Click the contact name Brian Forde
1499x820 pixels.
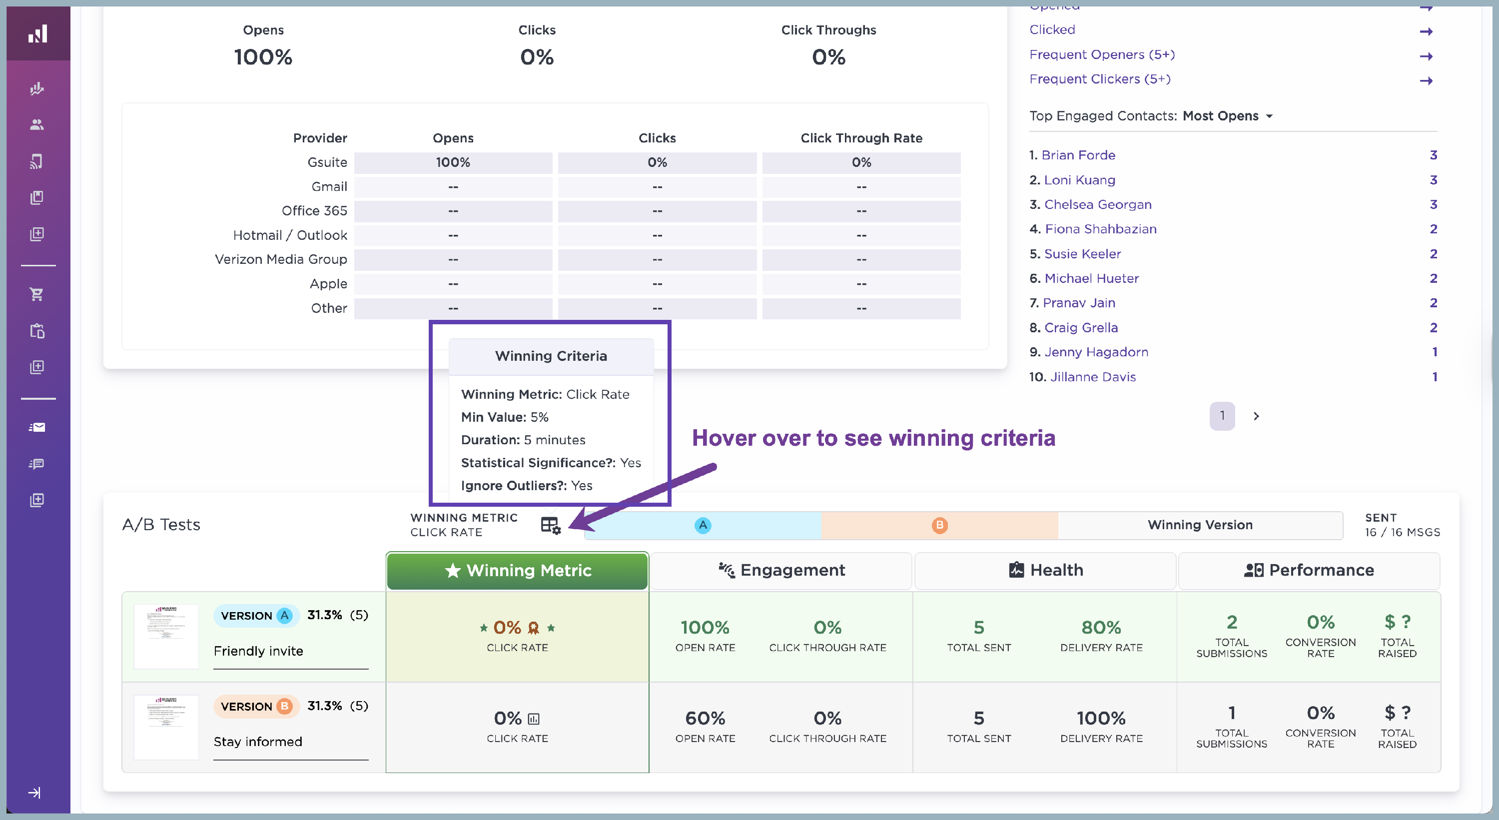coord(1078,155)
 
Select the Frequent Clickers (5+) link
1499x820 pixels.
coord(1099,79)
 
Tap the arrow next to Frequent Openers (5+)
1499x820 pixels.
coord(1426,56)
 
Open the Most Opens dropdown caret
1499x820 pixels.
coord(1269,116)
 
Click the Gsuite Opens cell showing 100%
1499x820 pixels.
coord(453,162)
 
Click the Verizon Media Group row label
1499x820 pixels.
coord(280,259)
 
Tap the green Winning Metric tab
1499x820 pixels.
coord(517,570)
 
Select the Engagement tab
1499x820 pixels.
coord(781,570)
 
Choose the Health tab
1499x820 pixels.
coord(1045,570)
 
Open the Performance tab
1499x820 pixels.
coord(1309,570)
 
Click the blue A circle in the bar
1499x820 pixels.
coord(703,526)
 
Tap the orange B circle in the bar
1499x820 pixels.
coord(939,526)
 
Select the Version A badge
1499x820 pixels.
coord(256,616)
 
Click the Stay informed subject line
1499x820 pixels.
coord(258,742)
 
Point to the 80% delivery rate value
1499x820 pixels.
coord(1101,627)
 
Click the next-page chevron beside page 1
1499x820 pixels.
coord(1256,416)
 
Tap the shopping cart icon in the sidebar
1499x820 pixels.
coord(36,294)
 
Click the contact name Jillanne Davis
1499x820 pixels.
coord(1092,377)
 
